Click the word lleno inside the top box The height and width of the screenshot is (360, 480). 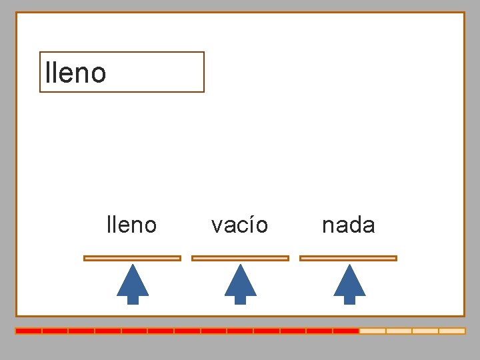point(75,73)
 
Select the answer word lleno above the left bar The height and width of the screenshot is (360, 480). point(131,225)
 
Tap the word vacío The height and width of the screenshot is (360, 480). point(239,225)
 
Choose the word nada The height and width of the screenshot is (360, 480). point(348,225)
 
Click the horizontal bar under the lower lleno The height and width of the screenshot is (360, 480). point(132,258)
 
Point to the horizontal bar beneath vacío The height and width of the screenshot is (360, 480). point(240,258)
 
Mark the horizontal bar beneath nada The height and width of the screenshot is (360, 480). point(348,258)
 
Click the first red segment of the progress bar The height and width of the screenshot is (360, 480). point(29,331)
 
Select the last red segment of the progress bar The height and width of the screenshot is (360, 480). point(346,331)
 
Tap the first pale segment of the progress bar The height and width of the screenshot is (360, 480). point(372,331)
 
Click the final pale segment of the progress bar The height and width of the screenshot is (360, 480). point(451,331)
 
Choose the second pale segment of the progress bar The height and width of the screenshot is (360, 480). point(399,331)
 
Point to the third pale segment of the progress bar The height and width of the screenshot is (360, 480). point(425,331)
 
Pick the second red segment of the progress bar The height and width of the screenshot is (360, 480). point(55,331)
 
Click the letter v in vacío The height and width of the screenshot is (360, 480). point(217,227)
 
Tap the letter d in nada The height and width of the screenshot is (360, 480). point(355,225)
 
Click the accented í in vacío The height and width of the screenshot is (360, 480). point(250,225)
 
